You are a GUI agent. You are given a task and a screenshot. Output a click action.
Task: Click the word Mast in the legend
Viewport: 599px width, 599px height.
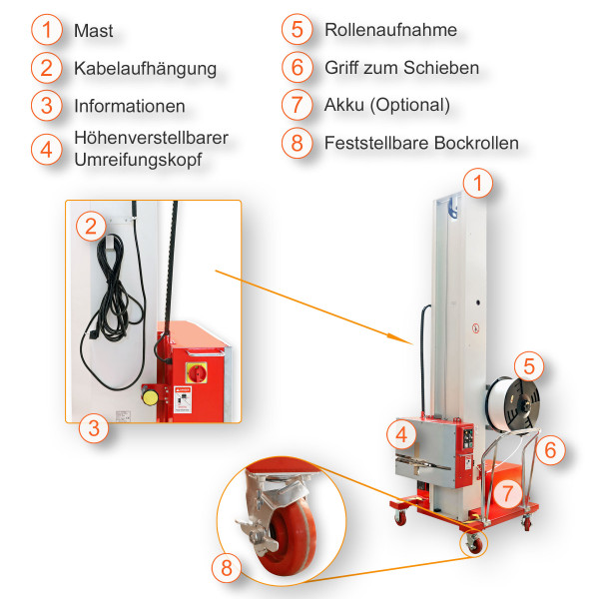pos(94,31)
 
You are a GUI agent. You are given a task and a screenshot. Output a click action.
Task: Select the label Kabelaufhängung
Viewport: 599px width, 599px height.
pos(145,69)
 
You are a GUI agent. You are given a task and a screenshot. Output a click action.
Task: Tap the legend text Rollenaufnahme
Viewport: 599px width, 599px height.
pos(390,30)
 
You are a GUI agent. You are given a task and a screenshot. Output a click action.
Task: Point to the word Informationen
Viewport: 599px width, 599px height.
pos(129,106)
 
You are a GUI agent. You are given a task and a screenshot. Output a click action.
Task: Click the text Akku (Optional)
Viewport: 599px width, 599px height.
pos(387,105)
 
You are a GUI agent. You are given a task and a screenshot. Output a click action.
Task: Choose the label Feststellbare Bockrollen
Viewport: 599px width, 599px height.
pos(421,143)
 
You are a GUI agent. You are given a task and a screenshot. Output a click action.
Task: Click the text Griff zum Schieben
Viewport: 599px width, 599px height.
pos(401,68)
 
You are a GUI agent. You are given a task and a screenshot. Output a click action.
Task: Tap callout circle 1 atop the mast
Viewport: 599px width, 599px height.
pos(480,183)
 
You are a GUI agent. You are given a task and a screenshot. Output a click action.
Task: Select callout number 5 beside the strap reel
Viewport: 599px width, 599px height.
pos(530,364)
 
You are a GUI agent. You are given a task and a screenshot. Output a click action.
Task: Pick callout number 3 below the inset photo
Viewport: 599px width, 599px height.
pos(93,430)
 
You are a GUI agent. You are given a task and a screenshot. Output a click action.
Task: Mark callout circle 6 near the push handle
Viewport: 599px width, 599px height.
pos(550,451)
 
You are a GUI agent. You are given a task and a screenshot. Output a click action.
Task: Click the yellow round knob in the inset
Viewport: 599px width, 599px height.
pos(151,396)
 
